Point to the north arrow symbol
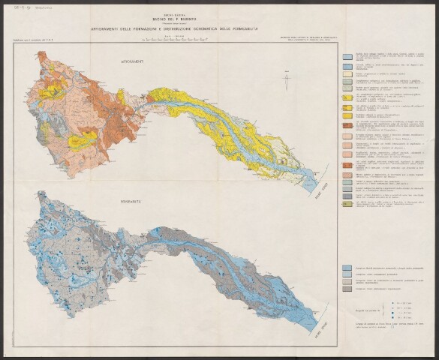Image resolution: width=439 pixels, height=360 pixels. click(x=286, y=79)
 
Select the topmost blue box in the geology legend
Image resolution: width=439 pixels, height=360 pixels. click(x=347, y=57)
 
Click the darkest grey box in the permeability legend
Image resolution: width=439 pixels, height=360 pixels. click(x=347, y=288)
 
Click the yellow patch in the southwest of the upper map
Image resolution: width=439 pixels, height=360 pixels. click(x=85, y=139)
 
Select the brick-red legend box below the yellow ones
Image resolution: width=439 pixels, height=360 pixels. click(x=347, y=128)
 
